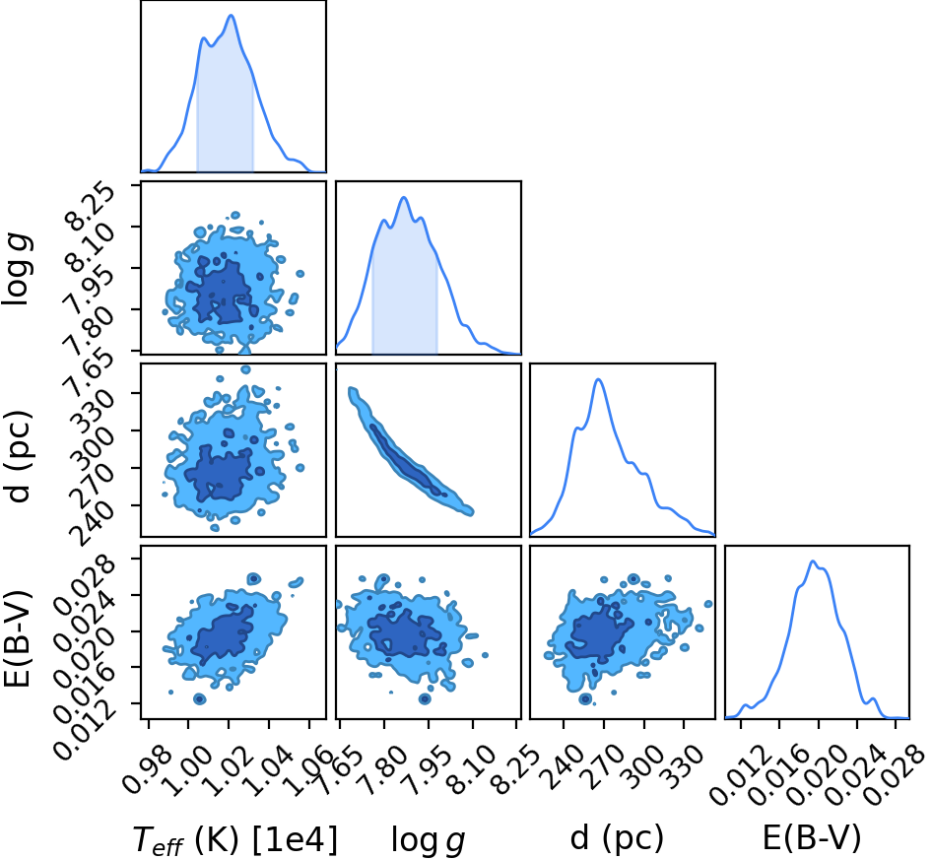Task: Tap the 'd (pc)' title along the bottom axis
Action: point(617,838)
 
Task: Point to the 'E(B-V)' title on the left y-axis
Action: point(17,639)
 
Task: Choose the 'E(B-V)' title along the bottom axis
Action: point(812,838)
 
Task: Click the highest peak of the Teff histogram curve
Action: point(232,16)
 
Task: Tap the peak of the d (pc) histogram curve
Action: point(599,379)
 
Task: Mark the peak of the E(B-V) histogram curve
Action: point(813,562)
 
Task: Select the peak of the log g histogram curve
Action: point(404,197)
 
